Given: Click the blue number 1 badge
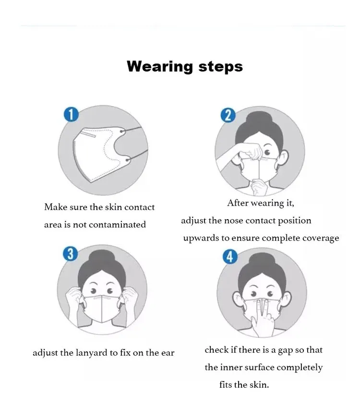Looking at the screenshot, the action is (x=71, y=114).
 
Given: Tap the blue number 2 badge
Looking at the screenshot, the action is (x=228, y=115).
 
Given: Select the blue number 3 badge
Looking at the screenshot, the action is (x=71, y=253).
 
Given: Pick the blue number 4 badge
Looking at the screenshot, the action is (x=230, y=257).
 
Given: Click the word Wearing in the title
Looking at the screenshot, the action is (x=160, y=66).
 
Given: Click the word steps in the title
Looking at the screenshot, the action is (x=220, y=67).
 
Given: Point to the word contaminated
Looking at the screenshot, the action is (x=117, y=224).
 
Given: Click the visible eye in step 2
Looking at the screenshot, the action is (x=267, y=152).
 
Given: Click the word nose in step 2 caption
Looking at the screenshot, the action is (x=233, y=221).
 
